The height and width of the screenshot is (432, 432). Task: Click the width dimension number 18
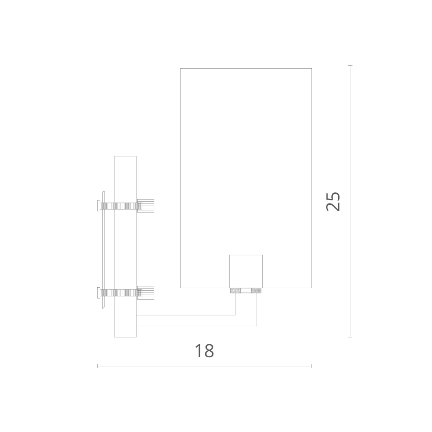click(x=204, y=351)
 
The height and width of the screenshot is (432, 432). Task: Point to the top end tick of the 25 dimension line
click(x=350, y=66)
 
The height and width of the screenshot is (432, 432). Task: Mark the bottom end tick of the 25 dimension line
click(x=350, y=337)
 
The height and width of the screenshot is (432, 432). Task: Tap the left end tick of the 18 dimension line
click(x=98, y=366)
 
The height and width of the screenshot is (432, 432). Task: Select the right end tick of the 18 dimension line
click(x=311, y=366)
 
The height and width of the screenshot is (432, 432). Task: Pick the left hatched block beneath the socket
click(x=235, y=291)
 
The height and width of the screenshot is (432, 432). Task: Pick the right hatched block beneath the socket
click(x=257, y=291)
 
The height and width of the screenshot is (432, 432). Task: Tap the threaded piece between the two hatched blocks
click(x=246, y=291)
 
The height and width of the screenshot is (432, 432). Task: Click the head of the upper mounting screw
click(x=99, y=206)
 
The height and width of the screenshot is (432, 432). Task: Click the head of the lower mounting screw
click(x=99, y=293)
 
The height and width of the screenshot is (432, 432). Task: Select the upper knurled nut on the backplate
click(x=146, y=206)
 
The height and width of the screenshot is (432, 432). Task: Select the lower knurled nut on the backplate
click(x=146, y=293)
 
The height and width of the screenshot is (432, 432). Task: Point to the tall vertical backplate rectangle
click(x=125, y=246)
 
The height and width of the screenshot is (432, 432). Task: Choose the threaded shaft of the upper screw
click(x=119, y=206)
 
